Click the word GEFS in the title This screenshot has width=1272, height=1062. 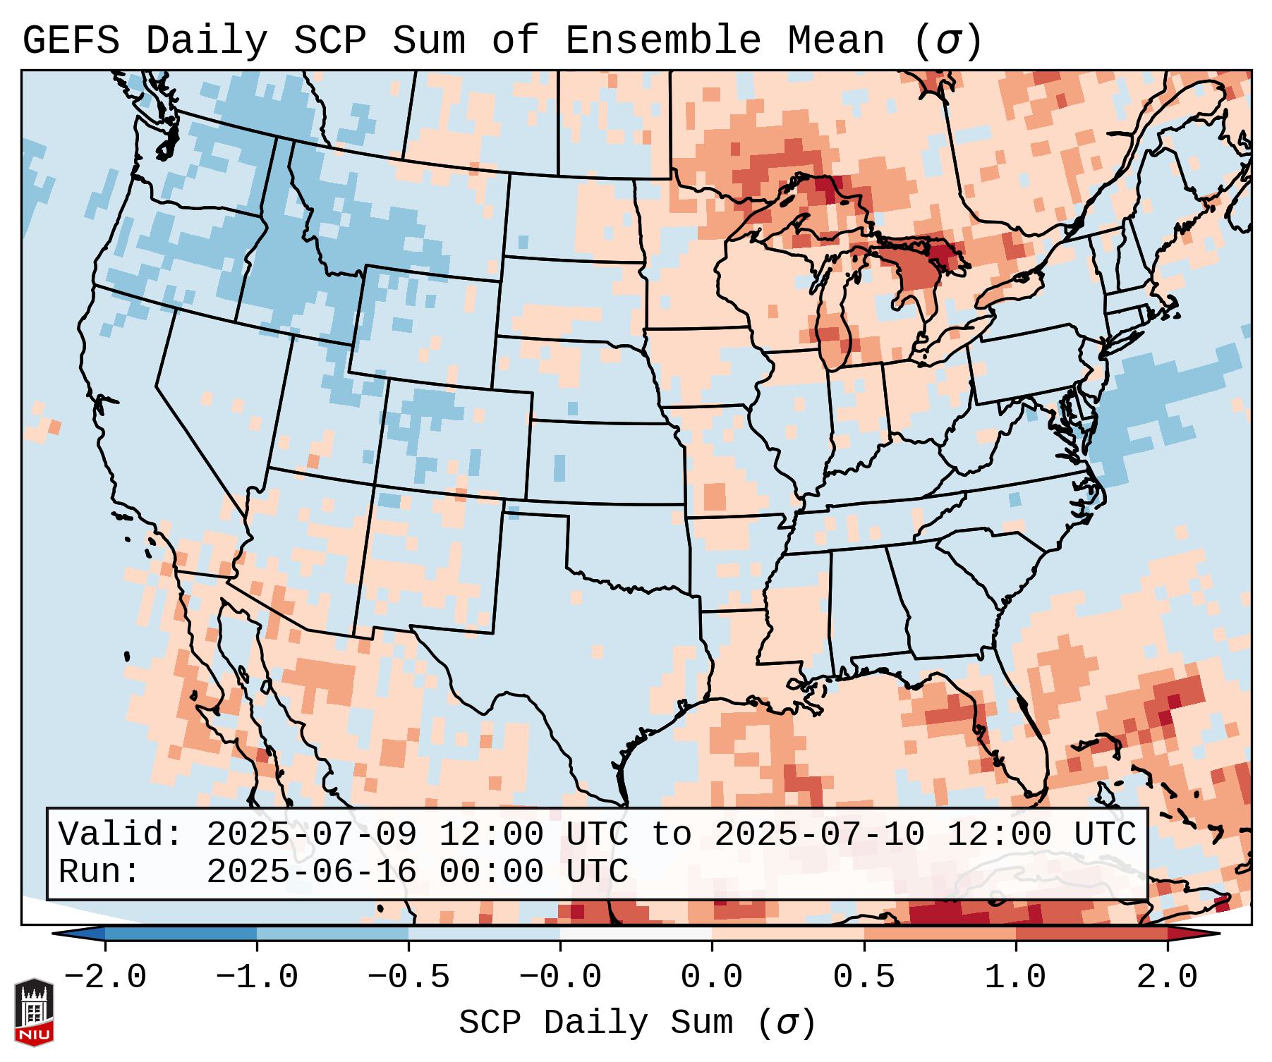pos(71,41)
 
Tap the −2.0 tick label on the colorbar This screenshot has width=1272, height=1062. pos(105,977)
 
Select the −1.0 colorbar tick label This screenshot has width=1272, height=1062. pos(257,977)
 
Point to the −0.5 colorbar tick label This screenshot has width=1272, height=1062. pos(408,977)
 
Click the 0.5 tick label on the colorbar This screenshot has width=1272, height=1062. pos(864,977)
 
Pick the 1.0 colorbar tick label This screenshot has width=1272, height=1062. pos(1015,977)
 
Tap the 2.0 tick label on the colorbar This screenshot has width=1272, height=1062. pos(1167,977)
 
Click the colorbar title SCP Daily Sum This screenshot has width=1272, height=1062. pos(596,1023)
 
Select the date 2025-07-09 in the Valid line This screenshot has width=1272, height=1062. pos(311,835)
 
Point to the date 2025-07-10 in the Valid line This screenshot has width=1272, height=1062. pos(819,835)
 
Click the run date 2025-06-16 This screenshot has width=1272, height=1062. pos(311,872)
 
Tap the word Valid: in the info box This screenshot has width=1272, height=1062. pos(121,835)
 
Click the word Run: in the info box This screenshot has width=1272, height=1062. pos(99,872)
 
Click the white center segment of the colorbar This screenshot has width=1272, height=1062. pos(636,934)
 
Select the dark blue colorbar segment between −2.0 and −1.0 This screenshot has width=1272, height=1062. pos(181,934)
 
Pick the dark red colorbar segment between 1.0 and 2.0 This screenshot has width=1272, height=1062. pos(1091,934)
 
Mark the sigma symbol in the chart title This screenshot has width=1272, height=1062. pos(947,41)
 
